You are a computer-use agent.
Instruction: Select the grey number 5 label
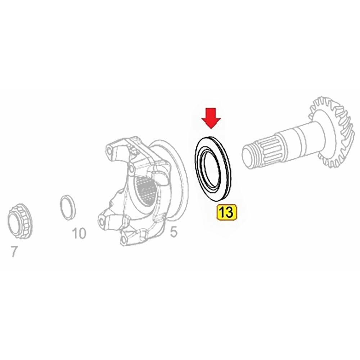pos(174,232)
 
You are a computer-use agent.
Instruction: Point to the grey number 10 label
pos(79,234)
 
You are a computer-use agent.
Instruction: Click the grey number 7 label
pos(14,252)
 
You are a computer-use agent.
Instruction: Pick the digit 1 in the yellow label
pos(222,212)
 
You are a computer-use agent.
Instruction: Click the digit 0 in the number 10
pos(82,234)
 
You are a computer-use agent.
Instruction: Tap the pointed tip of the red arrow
pos(211,129)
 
